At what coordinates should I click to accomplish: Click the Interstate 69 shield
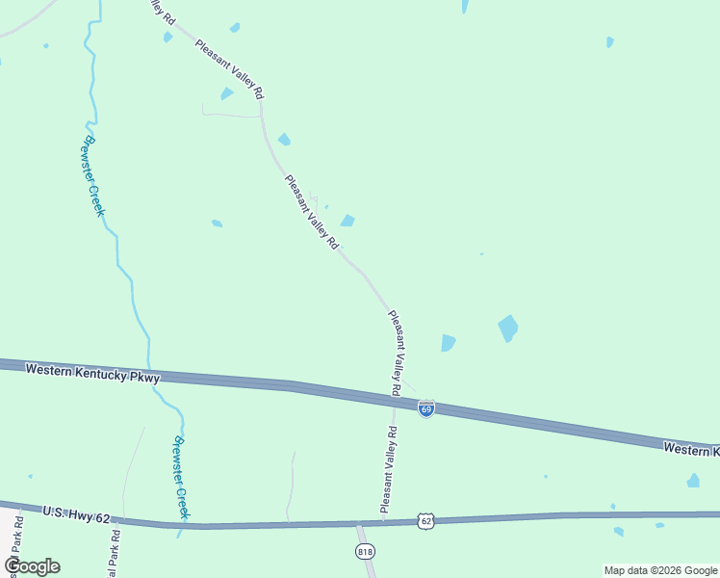pyautogui.click(x=426, y=408)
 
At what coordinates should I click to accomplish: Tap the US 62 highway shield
pyautogui.click(x=425, y=520)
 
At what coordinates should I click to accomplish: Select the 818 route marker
pyautogui.click(x=365, y=551)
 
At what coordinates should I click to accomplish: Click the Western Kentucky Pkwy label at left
pyautogui.click(x=91, y=373)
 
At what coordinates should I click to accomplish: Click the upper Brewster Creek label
pyautogui.click(x=91, y=174)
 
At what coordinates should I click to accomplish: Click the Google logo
pyautogui.click(x=32, y=566)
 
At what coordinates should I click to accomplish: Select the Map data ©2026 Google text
pyautogui.click(x=660, y=570)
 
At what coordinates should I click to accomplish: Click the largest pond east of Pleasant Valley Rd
pyautogui.click(x=507, y=328)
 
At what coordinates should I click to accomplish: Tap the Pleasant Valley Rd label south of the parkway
pyautogui.click(x=387, y=469)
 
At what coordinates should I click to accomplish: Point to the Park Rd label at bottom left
pyautogui.click(x=115, y=552)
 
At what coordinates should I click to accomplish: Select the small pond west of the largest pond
pyautogui.click(x=448, y=342)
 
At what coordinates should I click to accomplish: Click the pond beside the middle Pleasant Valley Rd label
pyautogui.click(x=347, y=221)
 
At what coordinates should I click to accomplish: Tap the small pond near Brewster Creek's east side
pyautogui.click(x=217, y=223)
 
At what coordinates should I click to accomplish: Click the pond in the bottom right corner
pyautogui.click(x=693, y=480)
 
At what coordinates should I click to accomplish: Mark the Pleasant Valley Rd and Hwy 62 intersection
pyautogui.click(x=382, y=523)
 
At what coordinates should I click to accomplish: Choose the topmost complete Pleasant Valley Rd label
pyautogui.click(x=229, y=69)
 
